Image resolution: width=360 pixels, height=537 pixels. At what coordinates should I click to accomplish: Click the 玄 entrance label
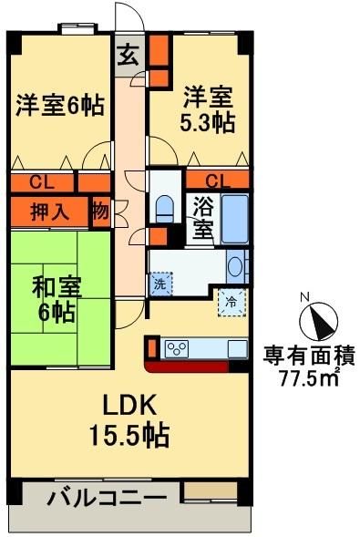point(129,56)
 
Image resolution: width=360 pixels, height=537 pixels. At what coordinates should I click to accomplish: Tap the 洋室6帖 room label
point(57,105)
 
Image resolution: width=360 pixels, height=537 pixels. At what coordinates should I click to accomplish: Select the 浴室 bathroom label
point(202,215)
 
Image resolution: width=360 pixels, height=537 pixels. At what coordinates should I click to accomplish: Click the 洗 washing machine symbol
point(159,284)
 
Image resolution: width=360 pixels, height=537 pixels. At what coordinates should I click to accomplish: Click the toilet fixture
point(164,208)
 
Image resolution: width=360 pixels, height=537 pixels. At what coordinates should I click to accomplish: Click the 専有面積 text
point(309,355)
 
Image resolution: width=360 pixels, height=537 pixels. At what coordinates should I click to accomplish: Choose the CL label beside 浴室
point(216,180)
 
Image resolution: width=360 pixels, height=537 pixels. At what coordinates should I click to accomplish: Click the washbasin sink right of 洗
point(235,267)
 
